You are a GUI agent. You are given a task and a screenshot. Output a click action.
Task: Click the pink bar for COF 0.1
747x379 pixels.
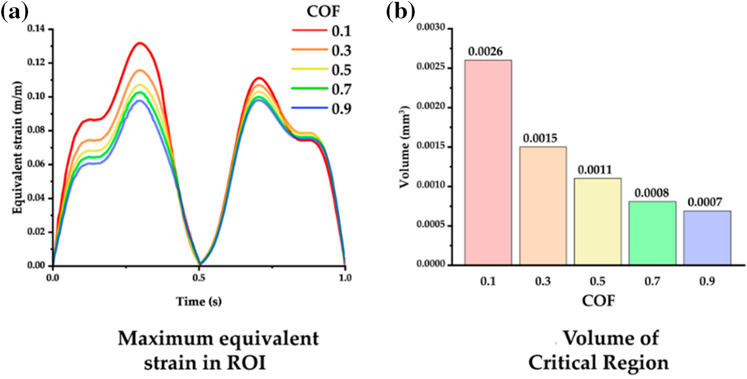point(488,162)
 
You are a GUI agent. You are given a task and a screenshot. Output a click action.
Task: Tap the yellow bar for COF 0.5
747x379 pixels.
point(598,221)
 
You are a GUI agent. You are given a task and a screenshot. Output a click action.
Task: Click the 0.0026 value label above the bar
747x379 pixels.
point(488,53)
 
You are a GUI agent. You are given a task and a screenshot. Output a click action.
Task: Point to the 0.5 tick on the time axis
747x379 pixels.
point(199,277)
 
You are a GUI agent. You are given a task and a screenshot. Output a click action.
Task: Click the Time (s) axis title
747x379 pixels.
point(198,302)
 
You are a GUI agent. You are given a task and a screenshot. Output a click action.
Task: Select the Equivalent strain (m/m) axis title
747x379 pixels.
point(19,146)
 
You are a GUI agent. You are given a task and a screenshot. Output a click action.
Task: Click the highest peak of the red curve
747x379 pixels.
point(139,43)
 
